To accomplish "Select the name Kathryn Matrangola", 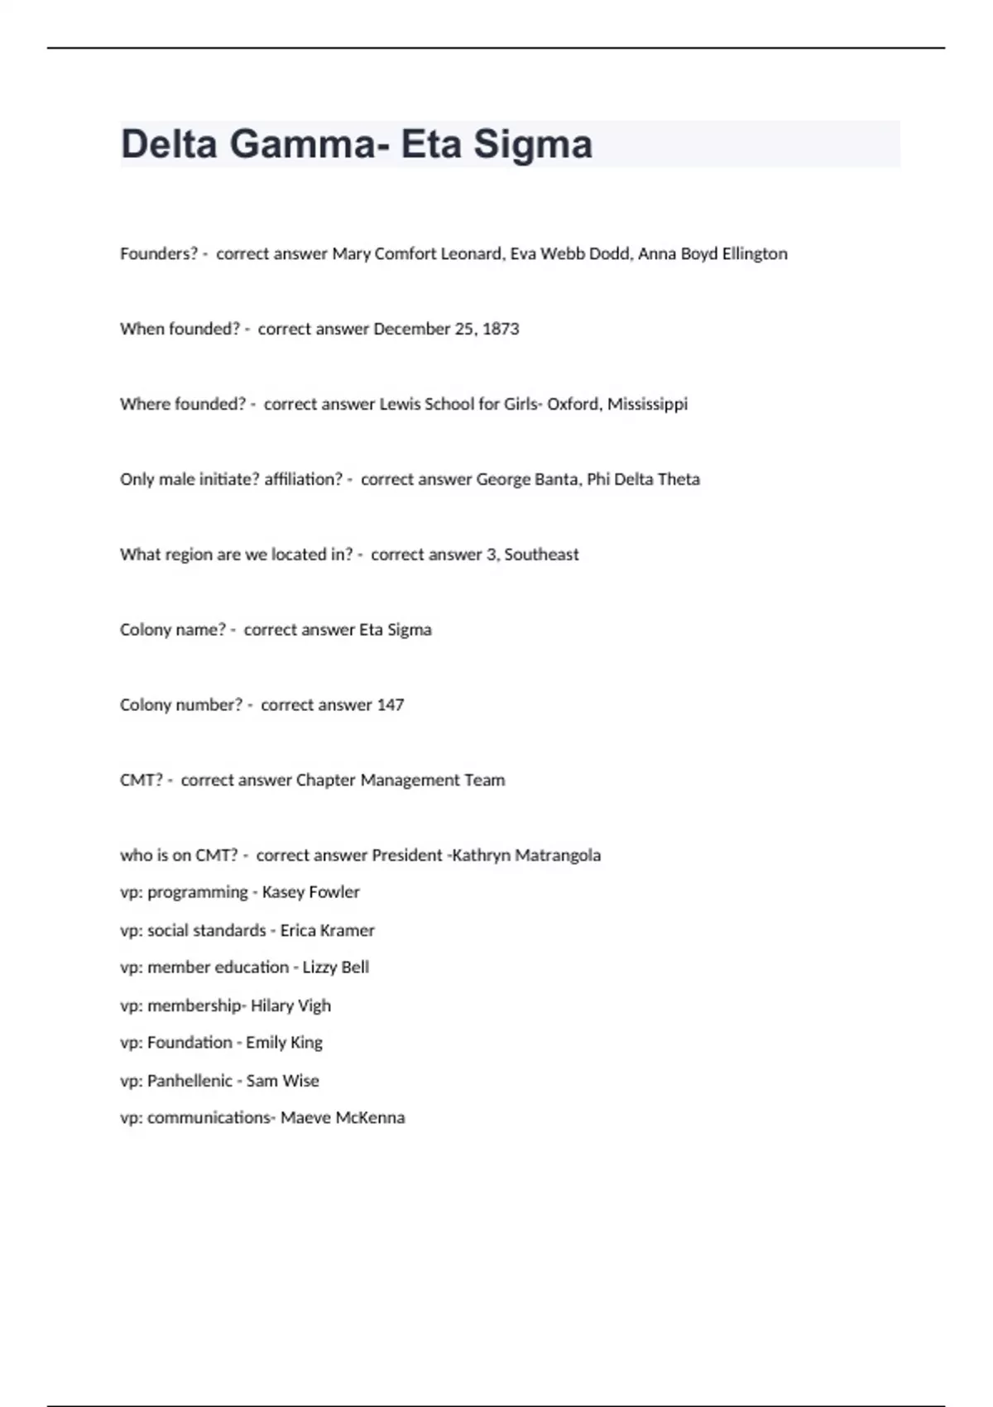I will (x=526, y=855).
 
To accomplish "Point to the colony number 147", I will (x=391, y=704).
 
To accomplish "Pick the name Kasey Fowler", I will (x=310, y=892).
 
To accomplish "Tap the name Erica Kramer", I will (x=327, y=930).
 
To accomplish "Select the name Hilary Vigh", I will (x=290, y=1006).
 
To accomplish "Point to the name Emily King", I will (x=284, y=1042).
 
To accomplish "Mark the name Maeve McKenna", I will (x=343, y=1117).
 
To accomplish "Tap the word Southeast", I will (x=541, y=555).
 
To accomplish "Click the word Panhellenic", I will (x=189, y=1080).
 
